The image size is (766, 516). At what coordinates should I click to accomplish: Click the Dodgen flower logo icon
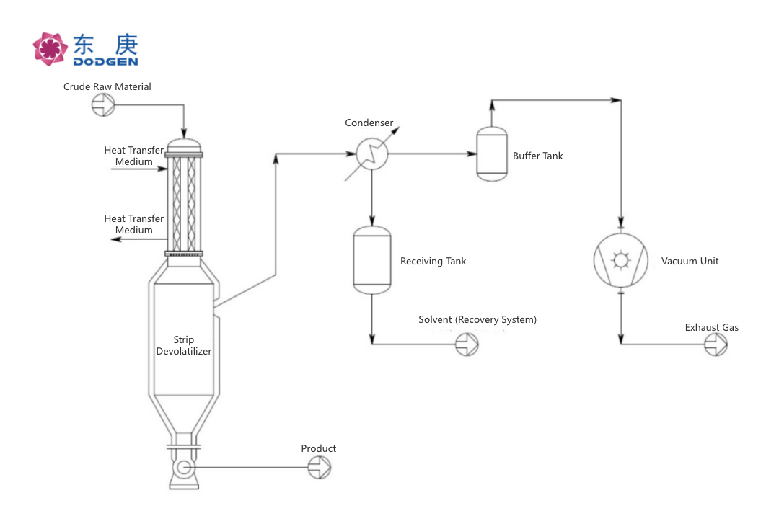tap(50, 49)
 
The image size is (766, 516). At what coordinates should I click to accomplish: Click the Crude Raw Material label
tap(107, 87)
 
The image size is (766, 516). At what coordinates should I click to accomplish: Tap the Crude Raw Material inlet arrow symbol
tap(103, 106)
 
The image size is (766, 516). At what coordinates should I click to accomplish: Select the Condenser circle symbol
tap(373, 153)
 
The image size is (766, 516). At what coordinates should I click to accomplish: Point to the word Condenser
tap(369, 123)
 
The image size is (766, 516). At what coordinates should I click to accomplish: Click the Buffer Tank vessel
tap(492, 154)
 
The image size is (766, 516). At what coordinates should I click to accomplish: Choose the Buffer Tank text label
tap(538, 156)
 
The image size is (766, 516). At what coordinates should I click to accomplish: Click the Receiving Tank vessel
tap(371, 260)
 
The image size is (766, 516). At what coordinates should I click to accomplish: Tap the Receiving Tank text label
tap(433, 262)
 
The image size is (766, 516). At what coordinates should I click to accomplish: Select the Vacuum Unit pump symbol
tap(621, 259)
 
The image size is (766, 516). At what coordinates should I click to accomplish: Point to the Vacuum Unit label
tap(690, 262)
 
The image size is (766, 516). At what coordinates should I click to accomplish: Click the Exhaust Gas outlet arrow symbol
tap(716, 344)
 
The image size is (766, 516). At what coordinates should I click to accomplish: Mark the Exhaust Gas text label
tap(711, 328)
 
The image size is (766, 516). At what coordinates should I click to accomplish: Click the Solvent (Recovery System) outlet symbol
tap(467, 344)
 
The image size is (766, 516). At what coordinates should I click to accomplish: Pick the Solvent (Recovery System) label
tap(477, 320)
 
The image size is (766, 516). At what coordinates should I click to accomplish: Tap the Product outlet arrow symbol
tap(319, 468)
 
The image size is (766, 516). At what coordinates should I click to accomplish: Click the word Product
tap(319, 449)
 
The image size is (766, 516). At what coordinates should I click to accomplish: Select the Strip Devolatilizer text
tap(184, 346)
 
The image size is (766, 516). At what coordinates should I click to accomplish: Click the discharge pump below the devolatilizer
tap(183, 469)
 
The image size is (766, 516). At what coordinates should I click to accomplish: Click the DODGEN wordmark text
tap(105, 61)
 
